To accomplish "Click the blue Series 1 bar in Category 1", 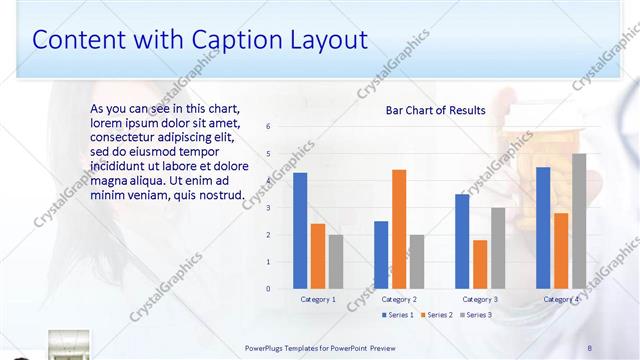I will pyautogui.click(x=300, y=231).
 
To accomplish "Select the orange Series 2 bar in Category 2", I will pyautogui.click(x=399, y=229).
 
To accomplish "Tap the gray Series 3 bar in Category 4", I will pyautogui.click(x=579, y=221).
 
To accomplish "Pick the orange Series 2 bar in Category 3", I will pyautogui.click(x=480, y=264).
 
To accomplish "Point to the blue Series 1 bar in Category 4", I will pyautogui.click(x=543, y=228).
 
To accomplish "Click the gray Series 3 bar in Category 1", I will pyautogui.click(x=336, y=262).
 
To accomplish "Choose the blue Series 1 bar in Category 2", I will pyautogui.click(x=381, y=255).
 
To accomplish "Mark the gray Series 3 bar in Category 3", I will pyautogui.click(x=498, y=248).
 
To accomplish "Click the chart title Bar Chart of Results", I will pyautogui.click(x=436, y=110).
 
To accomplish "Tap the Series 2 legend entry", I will pyautogui.click(x=437, y=315).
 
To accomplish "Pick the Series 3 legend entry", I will pyautogui.click(x=476, y=315).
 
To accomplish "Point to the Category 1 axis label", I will pyautogui.click(x=318, y=299).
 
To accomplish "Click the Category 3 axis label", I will pyautogui.click(x=480, y=299).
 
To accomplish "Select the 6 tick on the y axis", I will pyautogui.click(x=269, y=127).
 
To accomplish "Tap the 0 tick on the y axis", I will pyautogui.click(x=269, y=288).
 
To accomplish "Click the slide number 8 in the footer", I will pyautogui.click(x=590, y=347).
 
